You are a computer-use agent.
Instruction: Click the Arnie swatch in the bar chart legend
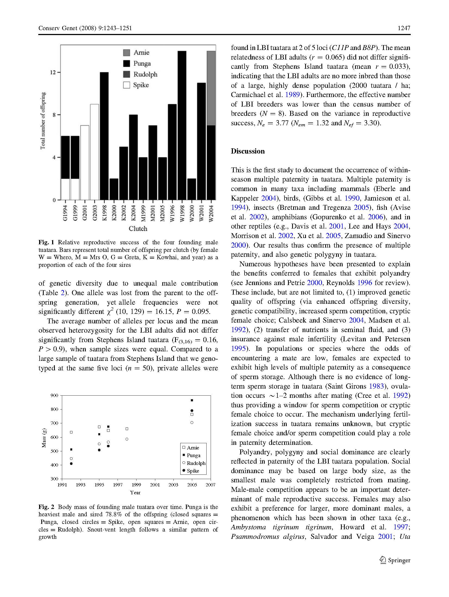[127, 52]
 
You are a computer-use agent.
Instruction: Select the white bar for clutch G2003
[94, 152]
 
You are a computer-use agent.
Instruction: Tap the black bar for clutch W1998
[182, 125]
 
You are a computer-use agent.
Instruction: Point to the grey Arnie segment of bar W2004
[211, 88]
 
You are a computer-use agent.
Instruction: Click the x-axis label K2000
[114, 213]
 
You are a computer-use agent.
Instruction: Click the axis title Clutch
[138, 229]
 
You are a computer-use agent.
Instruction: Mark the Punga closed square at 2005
[192, 400]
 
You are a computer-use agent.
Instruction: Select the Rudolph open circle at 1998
[127, 439]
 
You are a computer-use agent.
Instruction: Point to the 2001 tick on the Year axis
[155, 485]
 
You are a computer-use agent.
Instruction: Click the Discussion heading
[248, 151]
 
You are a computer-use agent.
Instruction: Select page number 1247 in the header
[404, 28]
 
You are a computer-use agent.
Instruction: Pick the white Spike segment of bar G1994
[65, 189]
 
